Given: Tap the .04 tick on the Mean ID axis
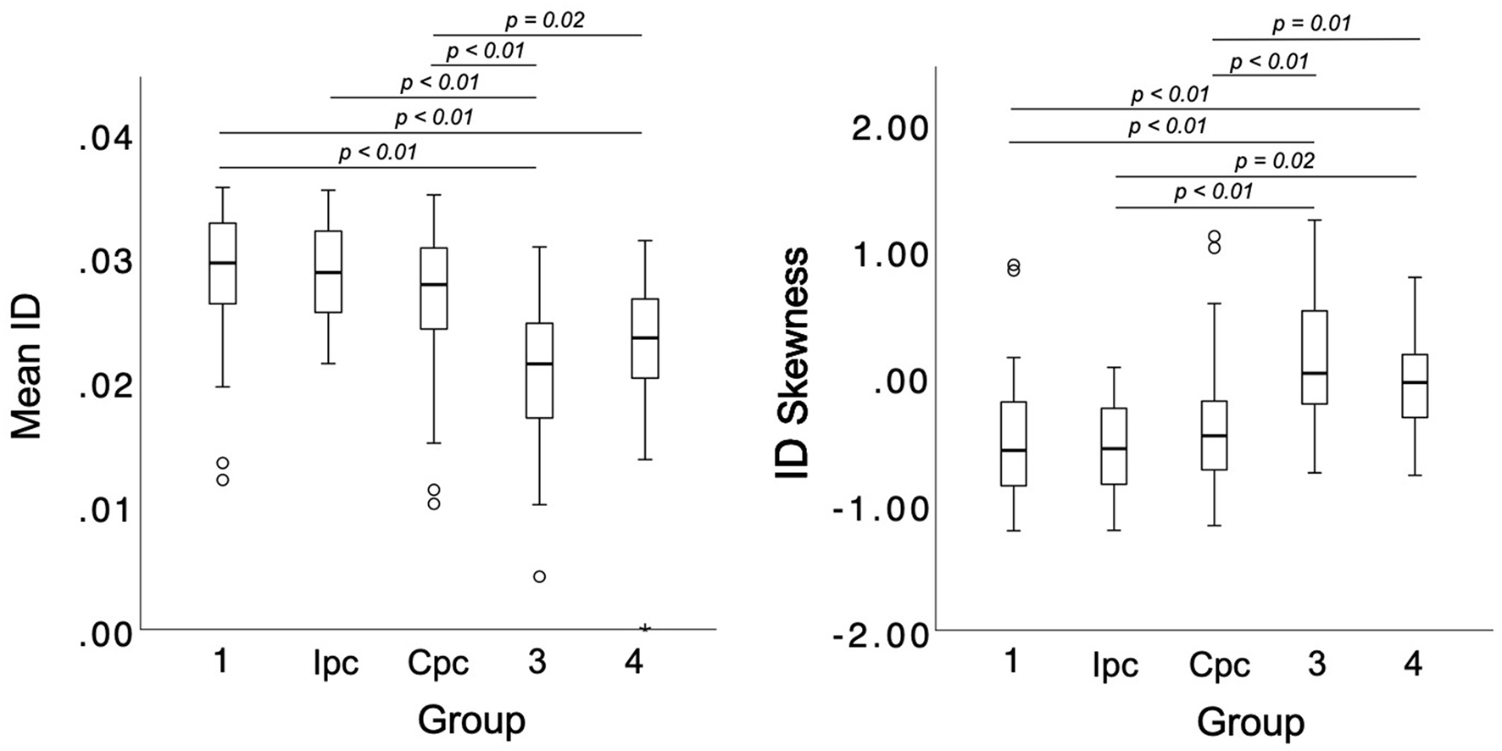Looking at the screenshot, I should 106,139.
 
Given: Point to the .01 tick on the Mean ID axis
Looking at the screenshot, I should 106,511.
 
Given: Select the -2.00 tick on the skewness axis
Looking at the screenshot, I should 881,636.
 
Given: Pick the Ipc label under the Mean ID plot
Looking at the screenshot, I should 336,663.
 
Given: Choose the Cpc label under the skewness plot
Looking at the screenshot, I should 1219,666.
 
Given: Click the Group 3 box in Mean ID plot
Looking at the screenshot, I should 539,370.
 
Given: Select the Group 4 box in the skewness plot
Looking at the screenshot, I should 1414,386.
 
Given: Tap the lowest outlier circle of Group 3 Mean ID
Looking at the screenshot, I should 539,576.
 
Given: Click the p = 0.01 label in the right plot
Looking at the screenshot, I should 1311,24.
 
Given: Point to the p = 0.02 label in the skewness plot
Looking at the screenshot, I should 1274,161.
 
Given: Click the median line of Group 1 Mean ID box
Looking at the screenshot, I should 222,263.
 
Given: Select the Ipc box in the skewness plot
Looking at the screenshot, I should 1114,447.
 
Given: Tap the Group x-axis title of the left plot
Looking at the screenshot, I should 471,720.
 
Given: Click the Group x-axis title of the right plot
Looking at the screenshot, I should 1250,723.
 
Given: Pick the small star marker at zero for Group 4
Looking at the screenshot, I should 645,628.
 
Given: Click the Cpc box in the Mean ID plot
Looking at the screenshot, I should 434,288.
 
